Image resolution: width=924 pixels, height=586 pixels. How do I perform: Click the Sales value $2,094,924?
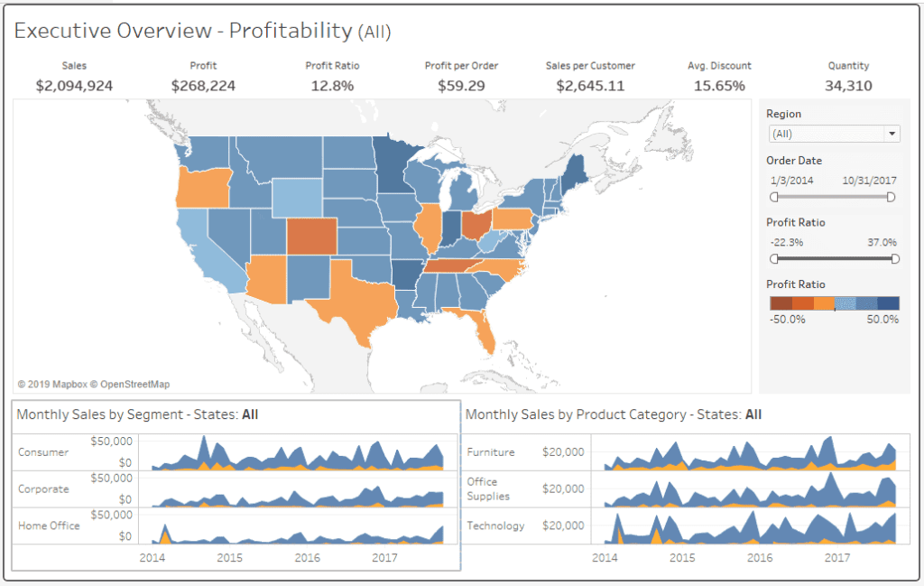[x=74, y=86]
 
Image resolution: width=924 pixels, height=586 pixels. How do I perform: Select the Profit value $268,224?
[x=203, y=86]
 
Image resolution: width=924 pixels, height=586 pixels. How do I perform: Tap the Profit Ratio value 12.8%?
[x=332, y=86]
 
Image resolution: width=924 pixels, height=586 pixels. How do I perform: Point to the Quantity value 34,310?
[x=848, y=86]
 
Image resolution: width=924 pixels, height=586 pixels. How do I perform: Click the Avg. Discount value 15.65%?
[x=719, y=86]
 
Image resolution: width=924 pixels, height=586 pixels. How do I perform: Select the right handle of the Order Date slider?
[x=892, y=197]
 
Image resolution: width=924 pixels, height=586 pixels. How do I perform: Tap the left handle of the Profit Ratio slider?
[x=774, y=258]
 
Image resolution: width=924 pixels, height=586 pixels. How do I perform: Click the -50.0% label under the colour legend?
[x=788, y=320]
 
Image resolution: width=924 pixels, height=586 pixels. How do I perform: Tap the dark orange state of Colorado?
[x=311, y=237]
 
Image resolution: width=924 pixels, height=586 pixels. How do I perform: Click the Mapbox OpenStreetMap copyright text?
[x=94, y=384]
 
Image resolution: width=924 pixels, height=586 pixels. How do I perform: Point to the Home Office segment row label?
[x=49, y=526]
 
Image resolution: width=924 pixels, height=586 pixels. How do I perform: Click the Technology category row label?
[x=495, y=526]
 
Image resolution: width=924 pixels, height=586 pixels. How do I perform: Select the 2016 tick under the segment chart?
[x=307, y=557]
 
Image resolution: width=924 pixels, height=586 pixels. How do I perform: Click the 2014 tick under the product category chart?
[x=605, y=557]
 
